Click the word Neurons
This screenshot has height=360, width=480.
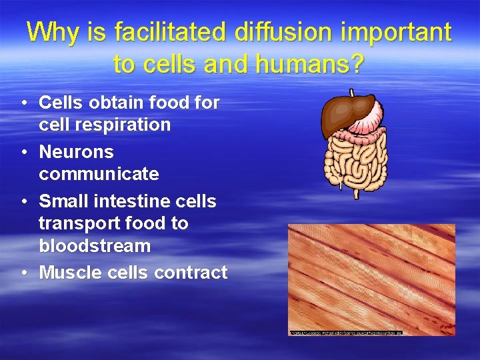point(76,152)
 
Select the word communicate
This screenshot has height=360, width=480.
point(99,174)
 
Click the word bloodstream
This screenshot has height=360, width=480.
point(95,246)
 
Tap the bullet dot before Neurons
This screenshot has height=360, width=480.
point(23,153)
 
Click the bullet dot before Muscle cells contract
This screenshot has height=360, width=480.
point(23,273)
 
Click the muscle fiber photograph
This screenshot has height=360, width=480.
point(371,279)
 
